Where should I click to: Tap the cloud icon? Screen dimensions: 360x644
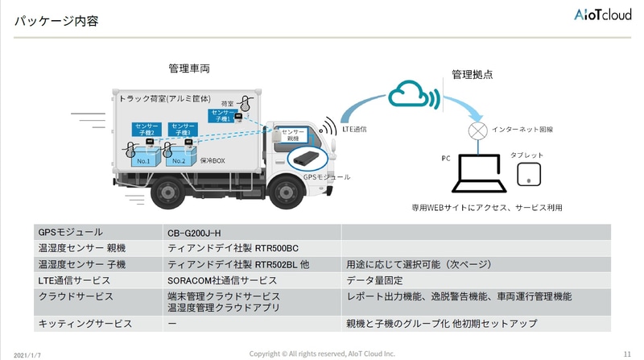[412, 95]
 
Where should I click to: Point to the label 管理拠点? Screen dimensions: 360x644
[473, 74]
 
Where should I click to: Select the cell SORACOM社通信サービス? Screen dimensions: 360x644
[222, 280]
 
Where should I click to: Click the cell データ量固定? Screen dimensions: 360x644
[375, 280]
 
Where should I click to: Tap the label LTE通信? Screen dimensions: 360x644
[357, 128]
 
